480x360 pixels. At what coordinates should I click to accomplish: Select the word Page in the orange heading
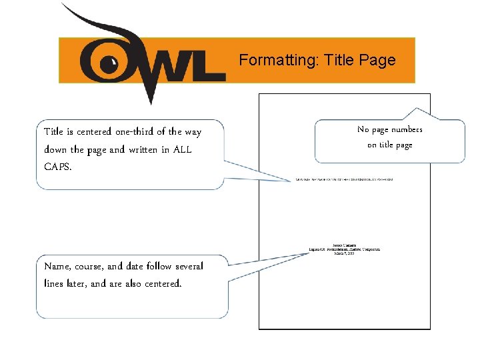point(377,61)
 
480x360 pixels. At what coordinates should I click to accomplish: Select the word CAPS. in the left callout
point(57,167)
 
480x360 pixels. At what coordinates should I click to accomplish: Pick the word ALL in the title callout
point(182,149)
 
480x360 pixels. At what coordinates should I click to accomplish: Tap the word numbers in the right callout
point(407,129)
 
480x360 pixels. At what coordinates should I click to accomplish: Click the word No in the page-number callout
point(363,129)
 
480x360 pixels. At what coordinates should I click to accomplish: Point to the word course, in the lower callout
point(93,267)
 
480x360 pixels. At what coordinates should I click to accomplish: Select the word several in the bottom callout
point(189,267)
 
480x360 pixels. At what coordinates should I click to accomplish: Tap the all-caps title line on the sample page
point(344,180)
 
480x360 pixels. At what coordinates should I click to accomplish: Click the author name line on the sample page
point(344,244)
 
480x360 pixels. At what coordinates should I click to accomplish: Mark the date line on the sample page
point(344,253)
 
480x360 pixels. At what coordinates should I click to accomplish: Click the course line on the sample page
point(344,249)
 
